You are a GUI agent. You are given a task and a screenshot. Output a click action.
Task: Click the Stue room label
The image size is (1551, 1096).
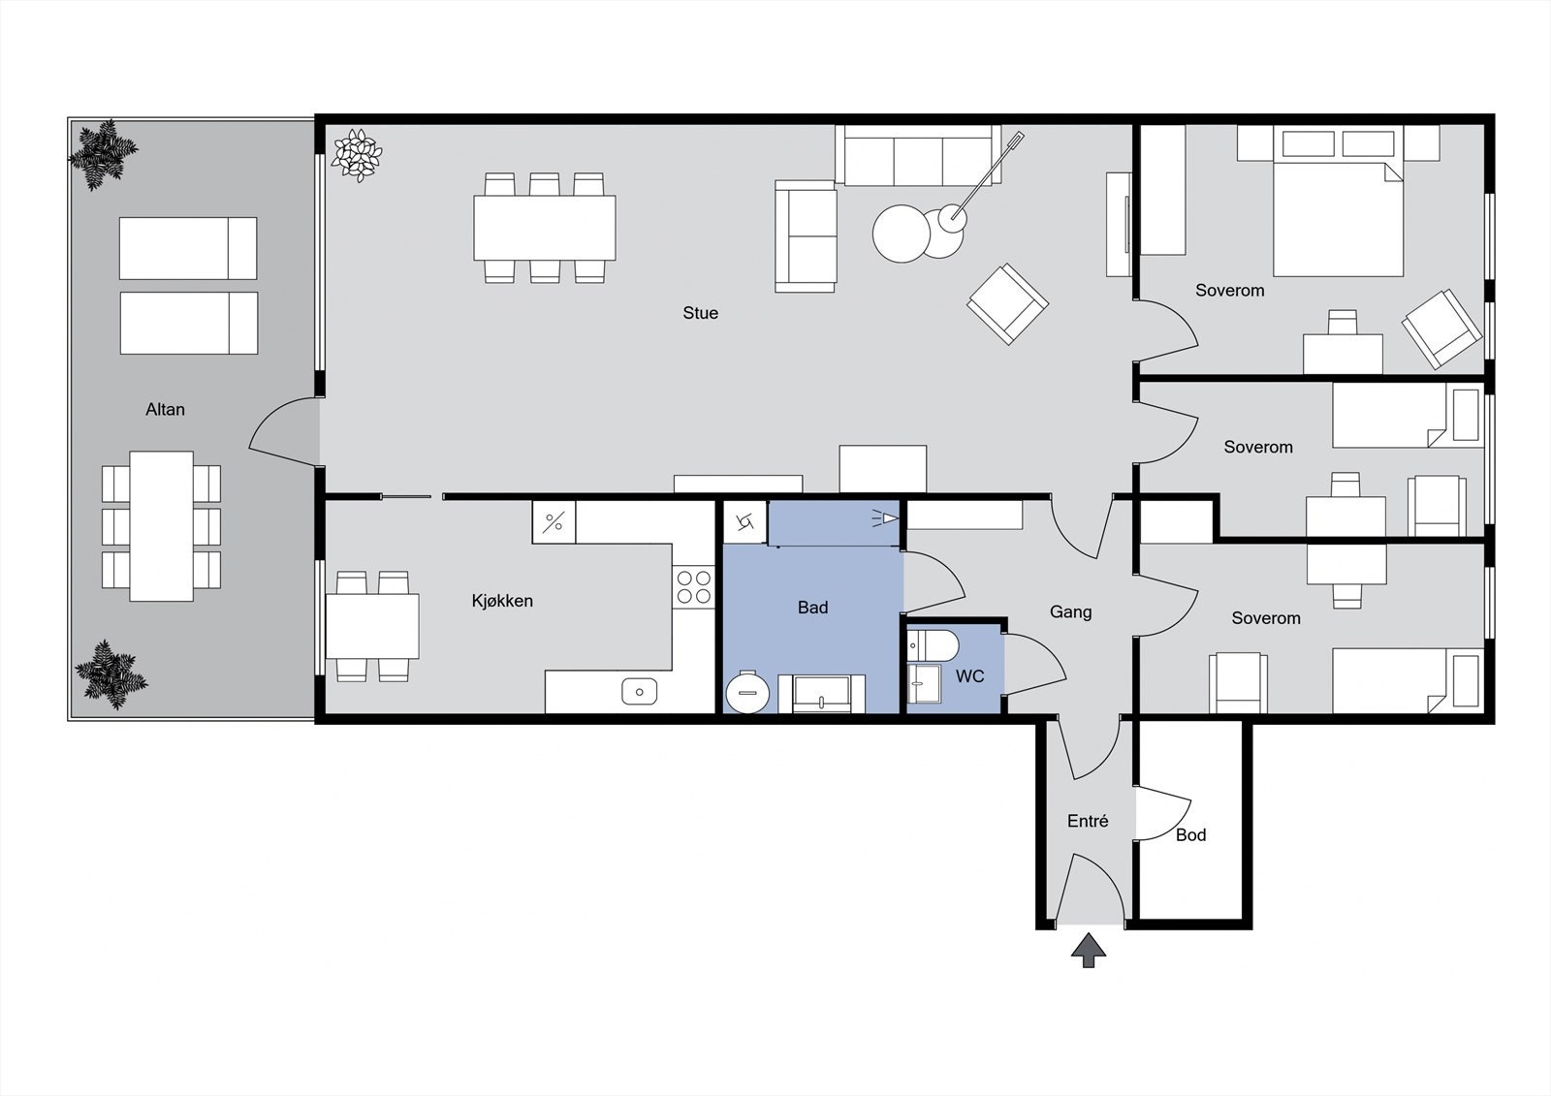click(x=700, y=313)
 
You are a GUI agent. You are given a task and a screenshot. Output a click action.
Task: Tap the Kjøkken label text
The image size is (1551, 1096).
click(x=502, y=601)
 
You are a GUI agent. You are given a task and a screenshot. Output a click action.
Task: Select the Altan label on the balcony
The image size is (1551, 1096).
click(x=165, y=410)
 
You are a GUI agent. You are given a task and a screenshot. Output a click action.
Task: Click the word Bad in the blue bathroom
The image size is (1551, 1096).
click(x=812, y=608)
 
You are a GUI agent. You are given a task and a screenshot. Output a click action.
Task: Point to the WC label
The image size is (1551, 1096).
click(x=969, y=676)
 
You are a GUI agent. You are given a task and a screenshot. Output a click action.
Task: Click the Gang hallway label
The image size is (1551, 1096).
click(x=1070, y=611)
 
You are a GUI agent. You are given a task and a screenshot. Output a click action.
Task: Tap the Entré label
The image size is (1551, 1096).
click(x=1087, y=821)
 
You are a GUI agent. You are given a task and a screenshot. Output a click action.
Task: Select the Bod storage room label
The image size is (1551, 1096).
click(x=1190, y=834)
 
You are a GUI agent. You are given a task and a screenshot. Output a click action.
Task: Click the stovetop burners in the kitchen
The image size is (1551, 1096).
click(x=693, y=586)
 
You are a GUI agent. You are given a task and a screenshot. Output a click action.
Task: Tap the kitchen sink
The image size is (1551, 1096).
click(x=639, y=691)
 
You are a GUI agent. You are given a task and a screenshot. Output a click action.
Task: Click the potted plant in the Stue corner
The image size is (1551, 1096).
click(x=357, y=155)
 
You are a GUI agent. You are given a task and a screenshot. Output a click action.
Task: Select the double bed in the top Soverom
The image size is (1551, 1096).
click(x=1338, y=218)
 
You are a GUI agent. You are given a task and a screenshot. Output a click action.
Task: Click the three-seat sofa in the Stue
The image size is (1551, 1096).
click(x=917, y=155)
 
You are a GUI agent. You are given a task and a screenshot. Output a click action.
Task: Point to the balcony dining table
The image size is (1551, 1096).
click(x=161, y=525)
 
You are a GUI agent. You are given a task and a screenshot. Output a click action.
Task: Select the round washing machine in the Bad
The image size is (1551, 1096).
click(x=747, y=692)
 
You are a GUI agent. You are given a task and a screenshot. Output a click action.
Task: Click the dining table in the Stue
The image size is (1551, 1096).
click(x=544, y=228)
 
